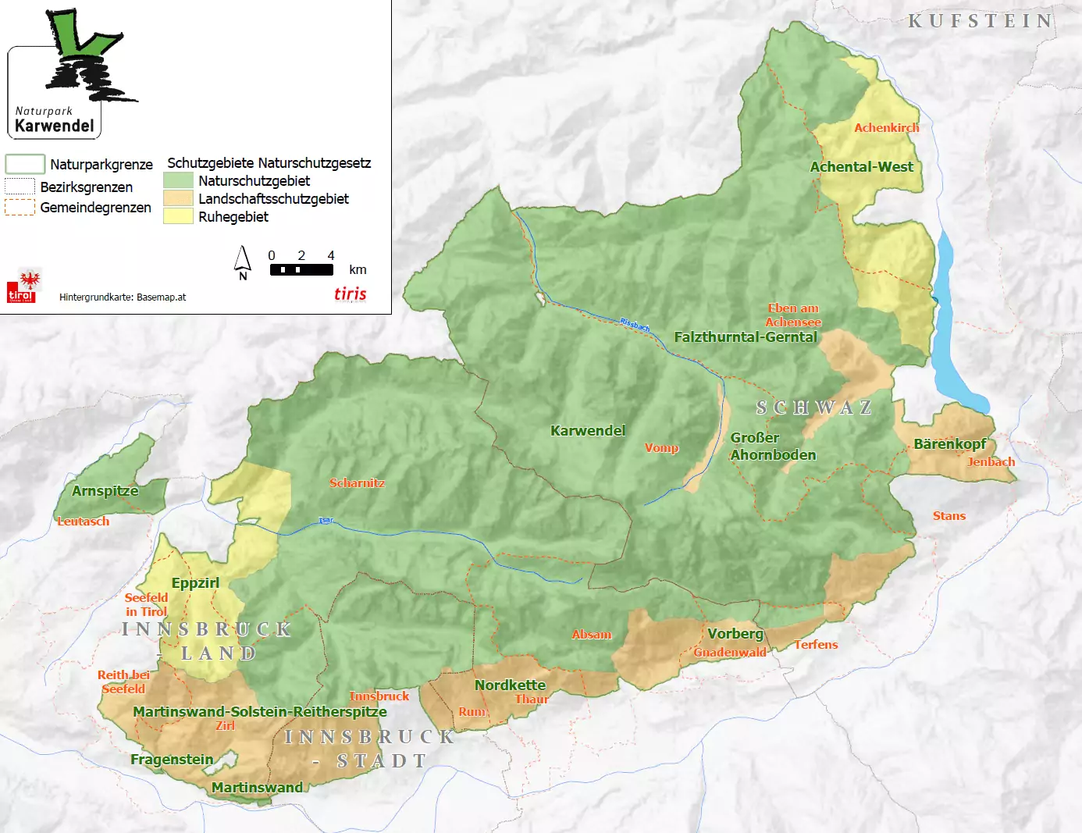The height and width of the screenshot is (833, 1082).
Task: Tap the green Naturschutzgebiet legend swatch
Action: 178,180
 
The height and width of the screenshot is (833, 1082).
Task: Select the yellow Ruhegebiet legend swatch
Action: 178,216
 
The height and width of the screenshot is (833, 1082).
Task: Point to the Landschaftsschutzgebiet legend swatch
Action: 178,198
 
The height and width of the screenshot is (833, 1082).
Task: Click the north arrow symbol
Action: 243,262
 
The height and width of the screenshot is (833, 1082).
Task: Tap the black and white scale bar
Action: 301,269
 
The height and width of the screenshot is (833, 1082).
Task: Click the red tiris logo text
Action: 350,294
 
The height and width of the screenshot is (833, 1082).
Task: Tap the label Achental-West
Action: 861,166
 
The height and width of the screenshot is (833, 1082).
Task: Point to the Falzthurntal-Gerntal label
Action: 746,336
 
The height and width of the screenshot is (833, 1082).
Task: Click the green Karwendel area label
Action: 587,430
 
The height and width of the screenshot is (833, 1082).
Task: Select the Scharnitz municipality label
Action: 357,482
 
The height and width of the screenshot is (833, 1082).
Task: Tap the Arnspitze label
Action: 105,490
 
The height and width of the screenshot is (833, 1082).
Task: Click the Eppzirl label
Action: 195,582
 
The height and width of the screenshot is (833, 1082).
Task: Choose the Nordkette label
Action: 510,685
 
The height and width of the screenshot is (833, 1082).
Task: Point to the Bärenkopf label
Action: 949,443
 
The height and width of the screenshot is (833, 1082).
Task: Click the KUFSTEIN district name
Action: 981,21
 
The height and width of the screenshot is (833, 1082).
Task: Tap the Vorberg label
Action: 735,633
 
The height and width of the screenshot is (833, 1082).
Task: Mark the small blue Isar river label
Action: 326,520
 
